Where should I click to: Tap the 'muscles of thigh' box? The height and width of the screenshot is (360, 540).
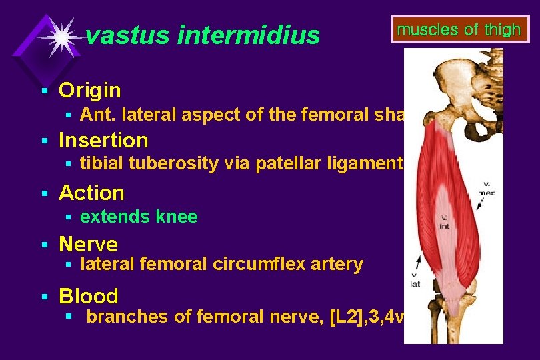pyautogui.click(x=459, y=30)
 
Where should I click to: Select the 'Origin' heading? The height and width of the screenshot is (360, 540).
pyautogui.click(x=90, y=90)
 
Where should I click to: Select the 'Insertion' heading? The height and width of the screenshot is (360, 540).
pyautogui.click(x=103, y=141)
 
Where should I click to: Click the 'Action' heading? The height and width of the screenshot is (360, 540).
pyautogui.click(x=91, y=193)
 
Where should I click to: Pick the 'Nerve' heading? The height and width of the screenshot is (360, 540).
pyautogui.click(x=88, y=244)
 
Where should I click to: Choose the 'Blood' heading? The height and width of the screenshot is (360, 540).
pyautogui.click(x=89, y=296)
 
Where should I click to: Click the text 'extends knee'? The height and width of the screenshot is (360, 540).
pyautogui.click(x=139, y=217)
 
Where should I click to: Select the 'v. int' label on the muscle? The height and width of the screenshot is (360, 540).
pyautogui.click(x=444, y=222)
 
